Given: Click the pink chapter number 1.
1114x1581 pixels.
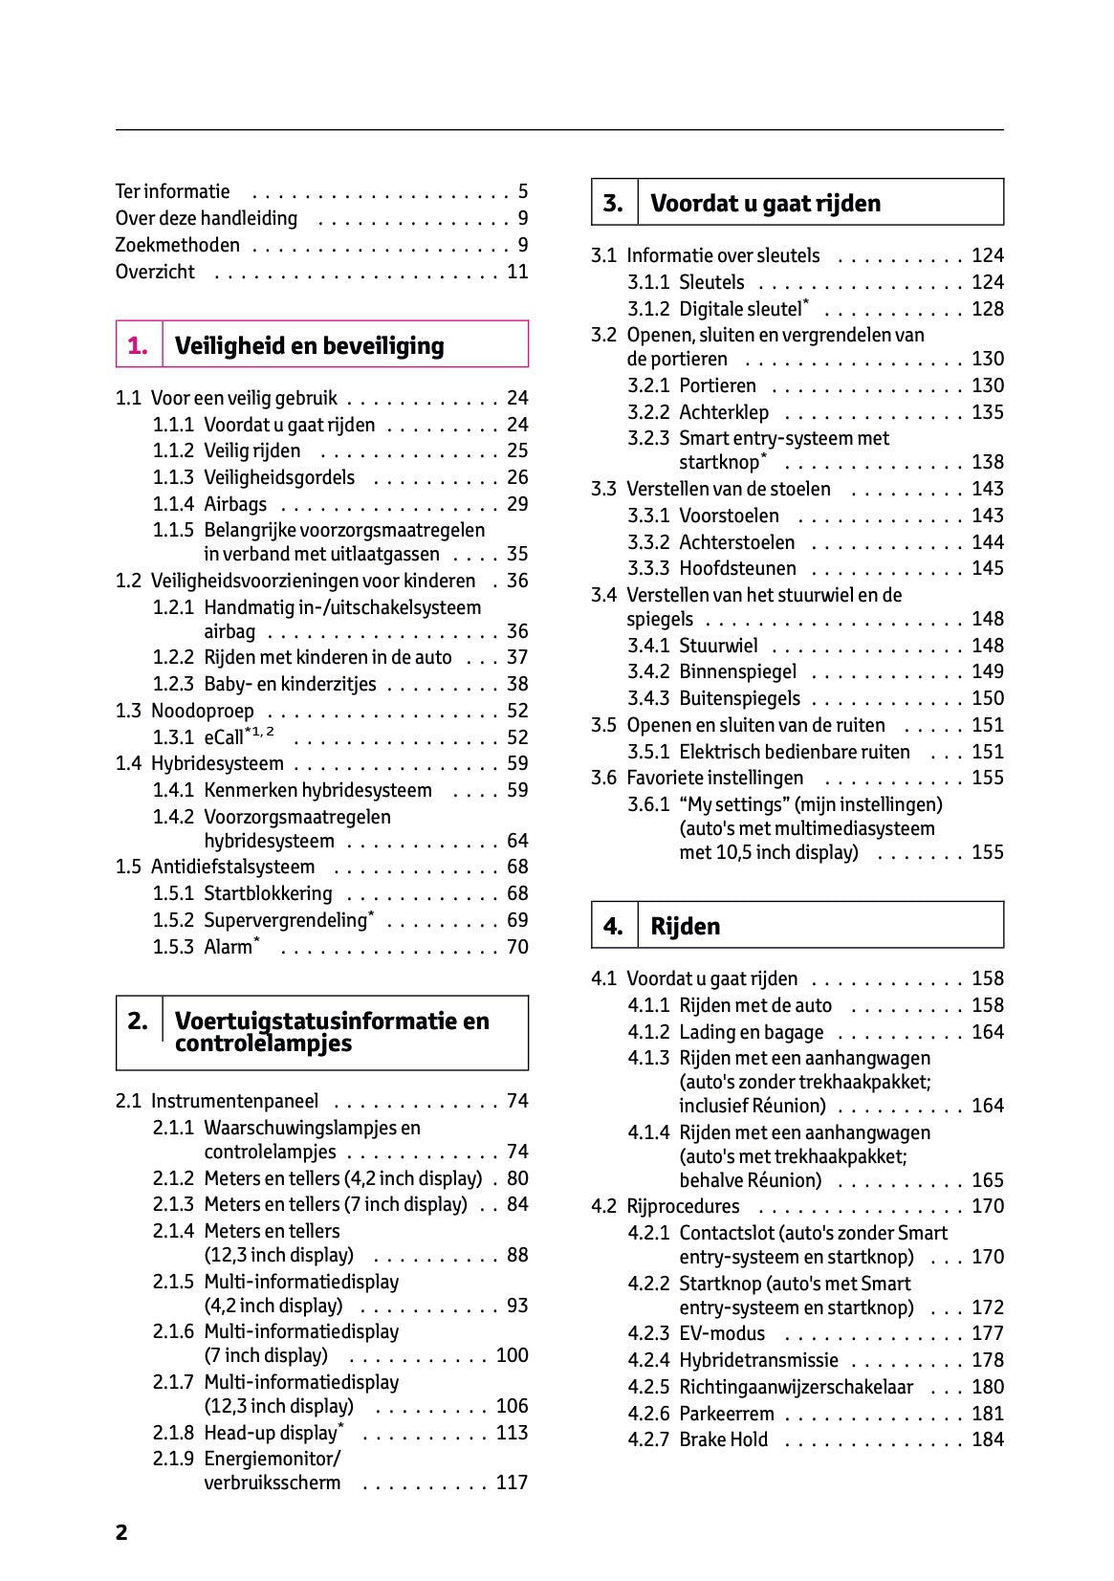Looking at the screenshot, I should click(x=138, y=346).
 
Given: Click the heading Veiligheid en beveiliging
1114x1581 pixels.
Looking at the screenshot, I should click(x=309, y=346).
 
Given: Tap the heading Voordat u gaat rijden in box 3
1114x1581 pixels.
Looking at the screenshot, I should click(x=765, y=203).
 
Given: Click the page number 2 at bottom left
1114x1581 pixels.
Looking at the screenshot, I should click(x=121, y=1533).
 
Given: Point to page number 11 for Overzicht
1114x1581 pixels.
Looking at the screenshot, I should click(x=517, y=272).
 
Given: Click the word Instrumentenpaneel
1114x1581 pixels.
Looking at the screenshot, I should click(x=234, y=1101).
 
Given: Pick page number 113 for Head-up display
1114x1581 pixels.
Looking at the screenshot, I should click(x=512, y=1433).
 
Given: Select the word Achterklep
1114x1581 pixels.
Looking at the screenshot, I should click(x=724, y=412).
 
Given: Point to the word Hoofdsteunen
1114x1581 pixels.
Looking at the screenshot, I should click(x=737, y=568).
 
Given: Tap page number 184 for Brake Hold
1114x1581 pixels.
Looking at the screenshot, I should click(x=988, y=1439).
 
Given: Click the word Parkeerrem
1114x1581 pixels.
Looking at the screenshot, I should click(x=727, y=1414).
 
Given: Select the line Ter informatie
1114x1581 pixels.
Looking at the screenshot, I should click(x=173, y=191).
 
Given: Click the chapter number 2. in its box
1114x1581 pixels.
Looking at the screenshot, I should click(x=138, y=1021).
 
